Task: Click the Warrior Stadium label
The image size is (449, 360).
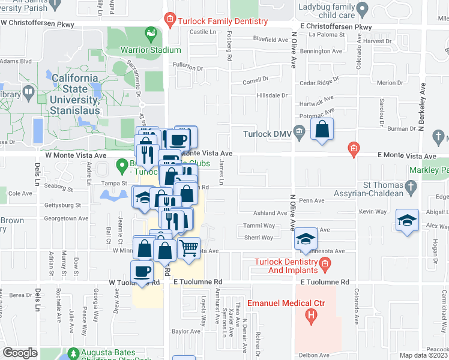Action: coord(151,50)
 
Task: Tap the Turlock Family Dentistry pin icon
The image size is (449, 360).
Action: coord(170,20)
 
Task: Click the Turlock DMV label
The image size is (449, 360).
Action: coord(268,134)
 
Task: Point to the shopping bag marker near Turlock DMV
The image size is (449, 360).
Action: coord(322,130)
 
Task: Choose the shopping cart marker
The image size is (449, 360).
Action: coord(189,248)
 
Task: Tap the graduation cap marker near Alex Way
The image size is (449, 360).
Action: coord(407,220)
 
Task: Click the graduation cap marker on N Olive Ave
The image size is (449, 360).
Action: coord(306,239)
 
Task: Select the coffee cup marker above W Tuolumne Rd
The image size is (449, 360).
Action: coord(142,271)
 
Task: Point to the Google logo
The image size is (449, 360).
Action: coord(20,353)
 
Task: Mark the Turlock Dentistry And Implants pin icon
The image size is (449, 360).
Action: coord(325,262)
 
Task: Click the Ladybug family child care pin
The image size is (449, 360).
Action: coord(362,10)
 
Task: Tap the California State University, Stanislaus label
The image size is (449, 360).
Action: coord(74,89)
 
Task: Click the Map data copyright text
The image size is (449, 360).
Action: coord(424,355)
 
